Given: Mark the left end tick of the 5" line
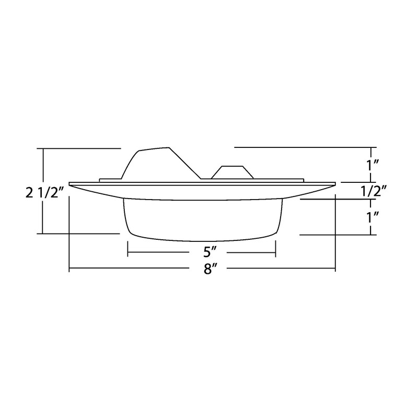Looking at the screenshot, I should pos(128,253).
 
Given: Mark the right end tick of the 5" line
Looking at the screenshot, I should pos(275,253).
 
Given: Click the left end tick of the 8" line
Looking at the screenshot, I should pos(69,269).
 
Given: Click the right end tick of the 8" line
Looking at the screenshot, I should pos(334,269).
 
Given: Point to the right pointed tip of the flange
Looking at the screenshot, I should pos(334,183).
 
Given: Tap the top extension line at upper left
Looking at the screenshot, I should pos(78,149).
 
